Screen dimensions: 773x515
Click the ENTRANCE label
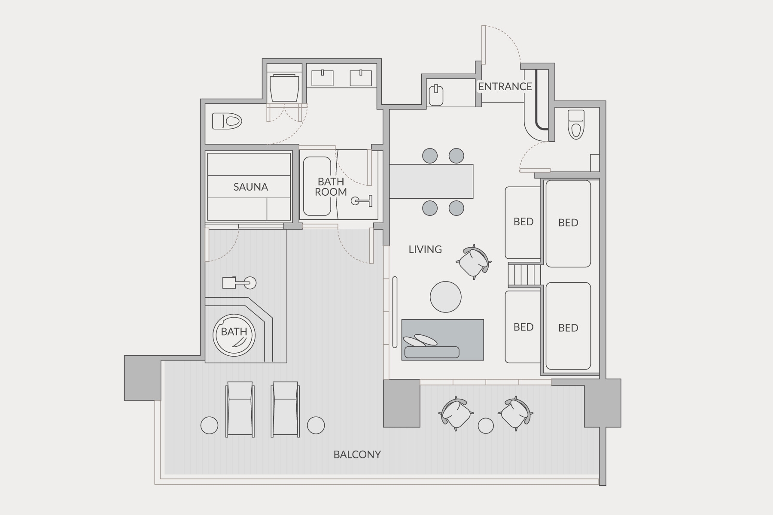tap(505, 86)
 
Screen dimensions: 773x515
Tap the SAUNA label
tap(251, 187)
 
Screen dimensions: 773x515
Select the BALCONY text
tap(357, 454)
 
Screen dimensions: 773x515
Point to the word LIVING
tap(425, 249)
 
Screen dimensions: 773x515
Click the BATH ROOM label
tap(331, 187)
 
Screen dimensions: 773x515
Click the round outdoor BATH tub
tap(234, 335)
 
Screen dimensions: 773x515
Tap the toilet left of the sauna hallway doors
tap(227, 121)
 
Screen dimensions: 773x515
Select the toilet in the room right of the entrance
tap(576, 124)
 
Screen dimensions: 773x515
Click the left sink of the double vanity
tap(322, 78)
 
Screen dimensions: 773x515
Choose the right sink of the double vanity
tap(361, 78)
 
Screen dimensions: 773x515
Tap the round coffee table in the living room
tap(446, 297)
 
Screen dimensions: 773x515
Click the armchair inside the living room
tap(474, 262)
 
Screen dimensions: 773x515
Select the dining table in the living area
tap(431, 181)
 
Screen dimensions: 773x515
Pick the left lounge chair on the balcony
tap(240, 409)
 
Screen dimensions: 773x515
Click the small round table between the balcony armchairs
tap(486, 426)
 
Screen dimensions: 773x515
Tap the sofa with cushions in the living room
tap(443, 340)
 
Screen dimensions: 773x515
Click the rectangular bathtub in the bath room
tap(317, 186)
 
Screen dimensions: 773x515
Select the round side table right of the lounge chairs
tap(316, 425)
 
